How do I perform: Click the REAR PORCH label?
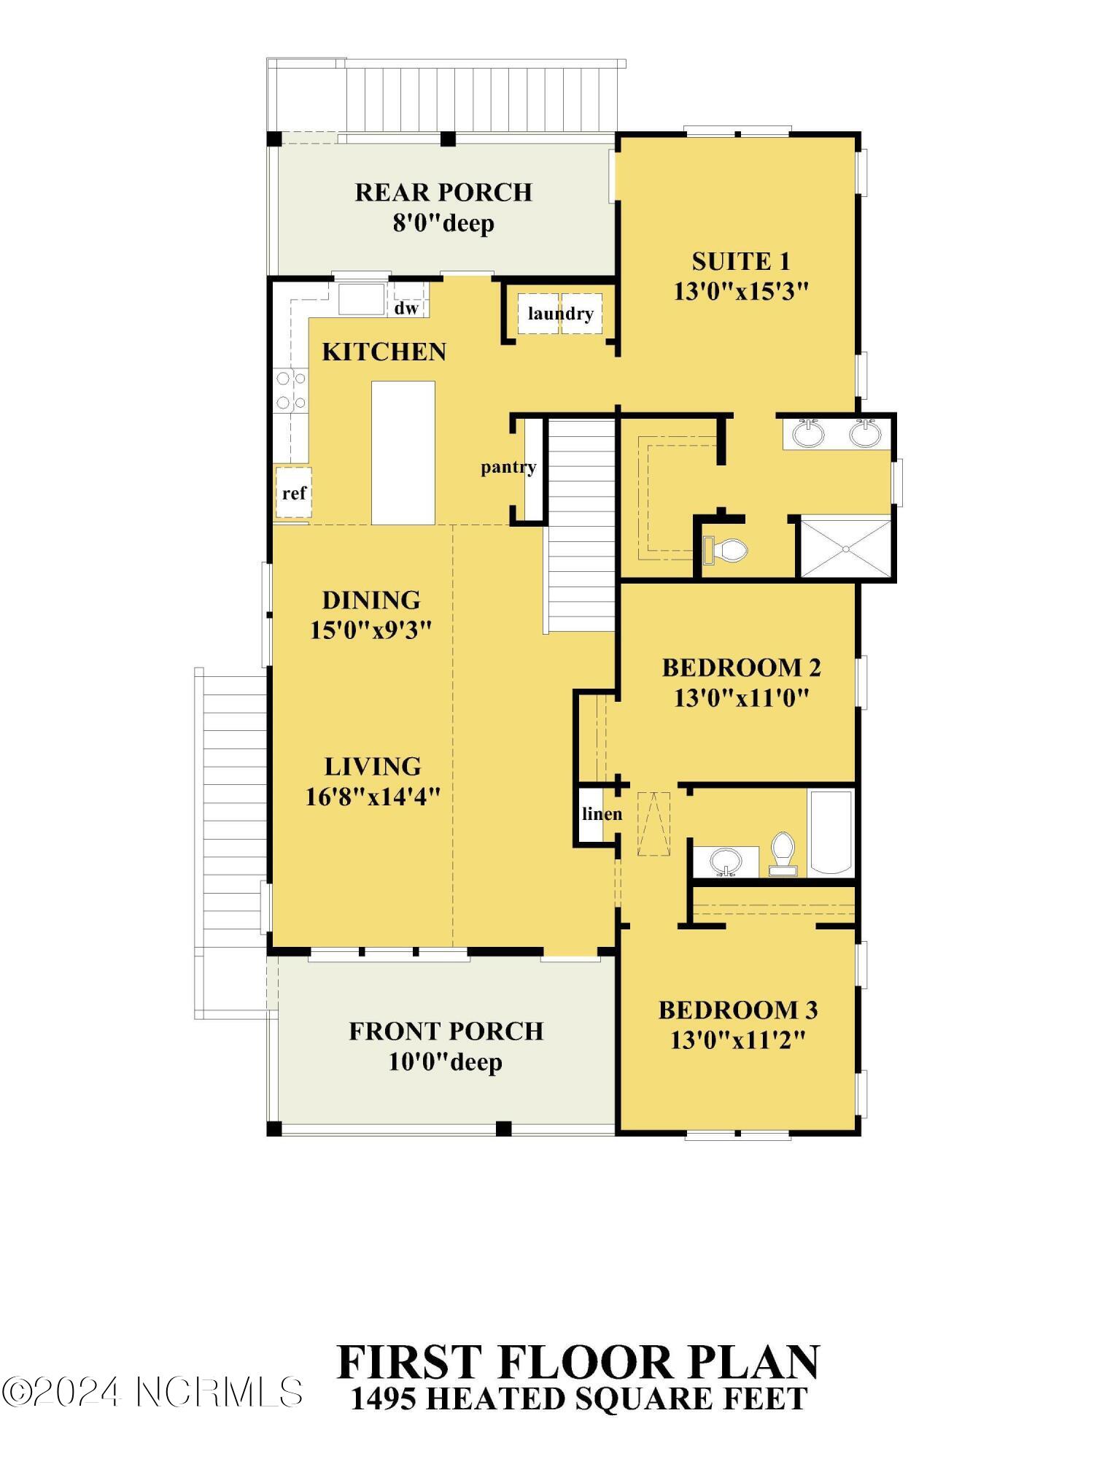click(443, 193)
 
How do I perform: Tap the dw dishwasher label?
click(406, 308)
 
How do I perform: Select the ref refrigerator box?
click(293, 492)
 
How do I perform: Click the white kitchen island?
click(403, 452)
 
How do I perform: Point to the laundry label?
click(560, 314)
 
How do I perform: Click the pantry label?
click(508, 467)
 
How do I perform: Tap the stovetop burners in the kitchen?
click(291, 390)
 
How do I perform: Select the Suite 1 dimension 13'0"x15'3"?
click(741, 292)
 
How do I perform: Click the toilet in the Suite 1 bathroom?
click(725, 550)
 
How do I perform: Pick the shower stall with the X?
click(846, 547)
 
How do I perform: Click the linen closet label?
click(602, 813)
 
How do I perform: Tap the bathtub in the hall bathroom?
click(831, 832)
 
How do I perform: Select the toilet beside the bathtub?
click(783, 854)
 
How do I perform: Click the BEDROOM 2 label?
click(741, 667)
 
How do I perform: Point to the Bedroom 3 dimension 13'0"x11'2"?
click(738, 1040)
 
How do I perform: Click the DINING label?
click(371, 600)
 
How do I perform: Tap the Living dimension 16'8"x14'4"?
click(372, 797)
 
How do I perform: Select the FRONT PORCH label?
click(446, 1032)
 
